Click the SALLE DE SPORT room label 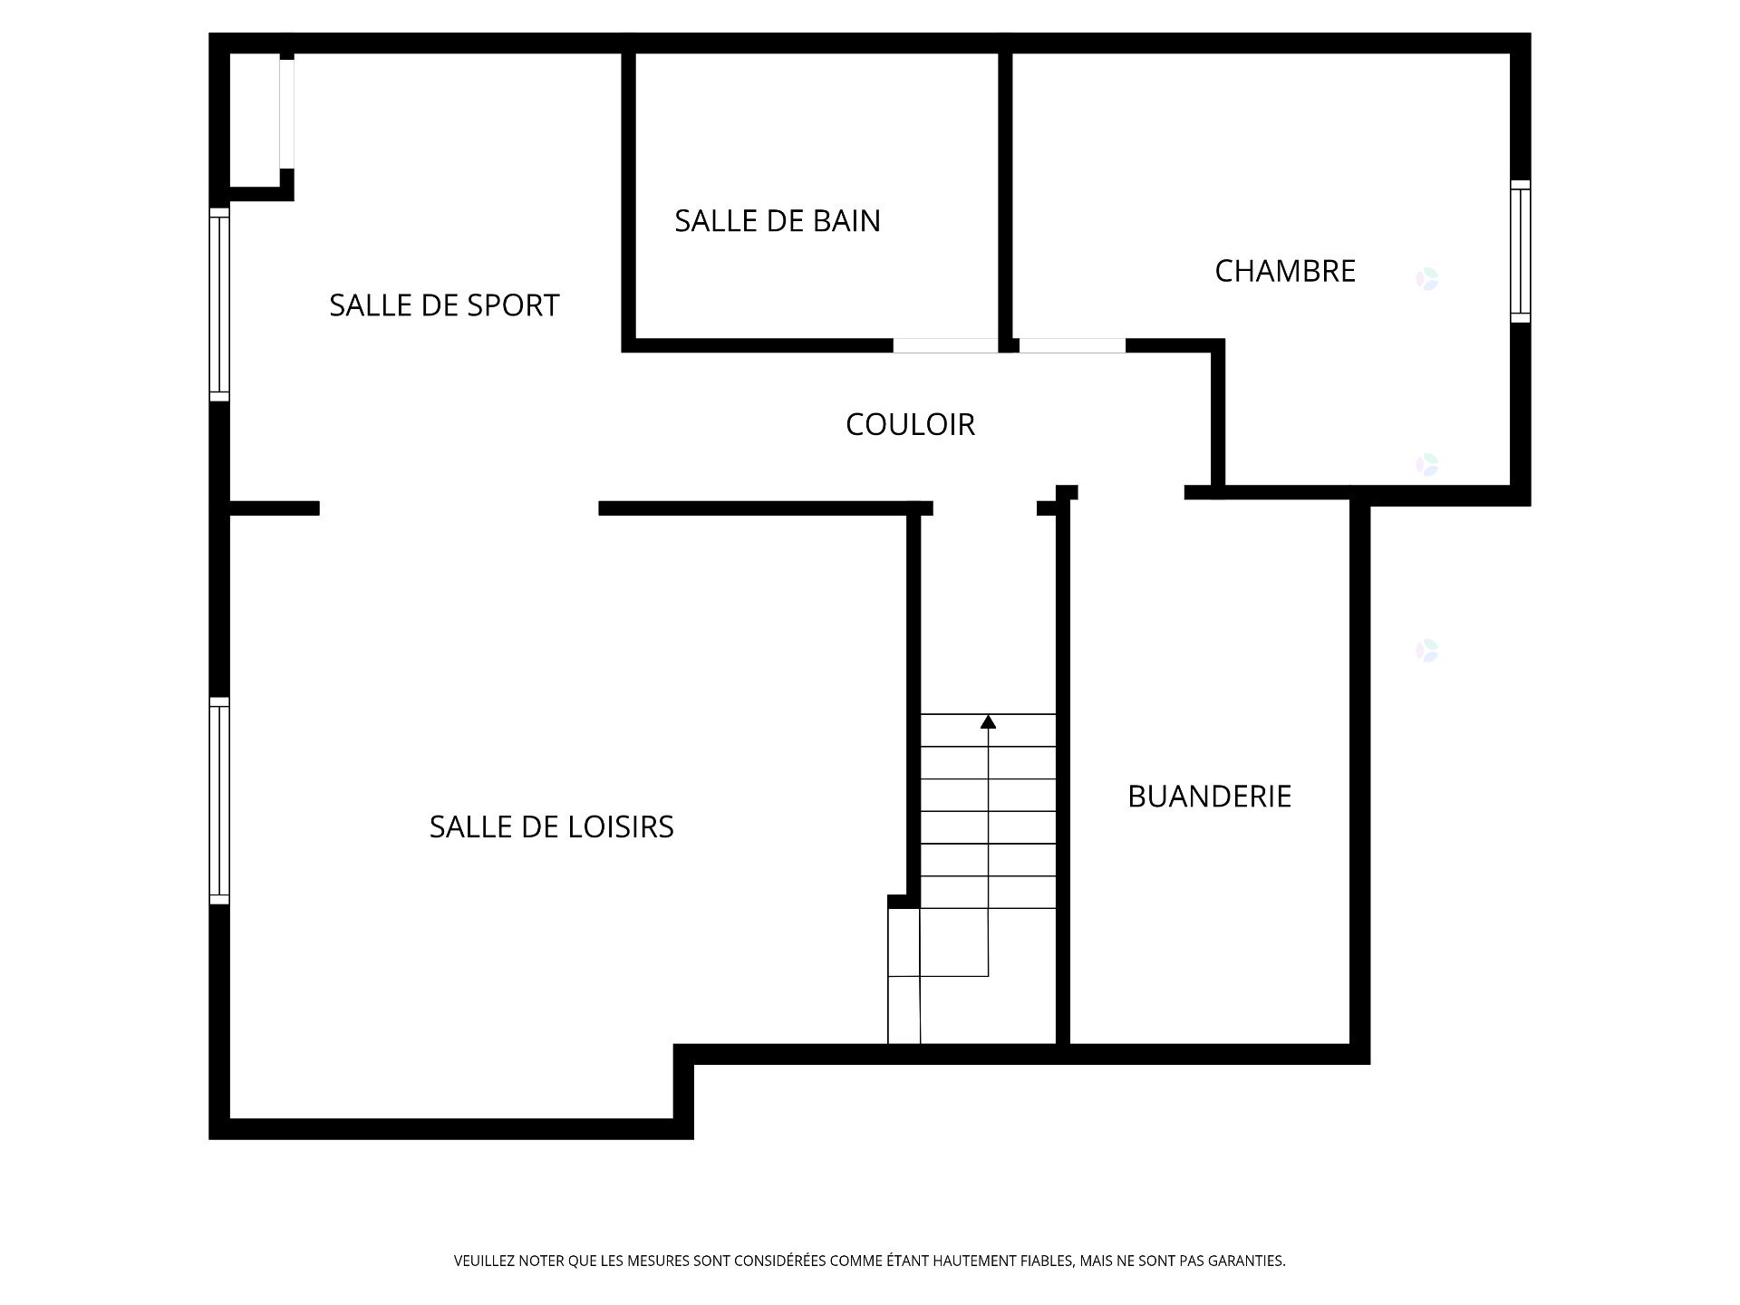coord(444,305)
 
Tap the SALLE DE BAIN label coord(778,221)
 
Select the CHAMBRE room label coord(1285,271)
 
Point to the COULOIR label coord(910,424)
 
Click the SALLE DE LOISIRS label coord(551,826)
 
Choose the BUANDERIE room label coord(1209,796)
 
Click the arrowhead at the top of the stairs coord(988,722)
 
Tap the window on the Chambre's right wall coord(1520,251)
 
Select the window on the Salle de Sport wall coord(219,304)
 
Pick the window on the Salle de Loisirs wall coord(219,800)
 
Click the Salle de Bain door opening coord(945,345)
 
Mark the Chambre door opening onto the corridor coord(1072,345)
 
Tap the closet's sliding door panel coord(286,113)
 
